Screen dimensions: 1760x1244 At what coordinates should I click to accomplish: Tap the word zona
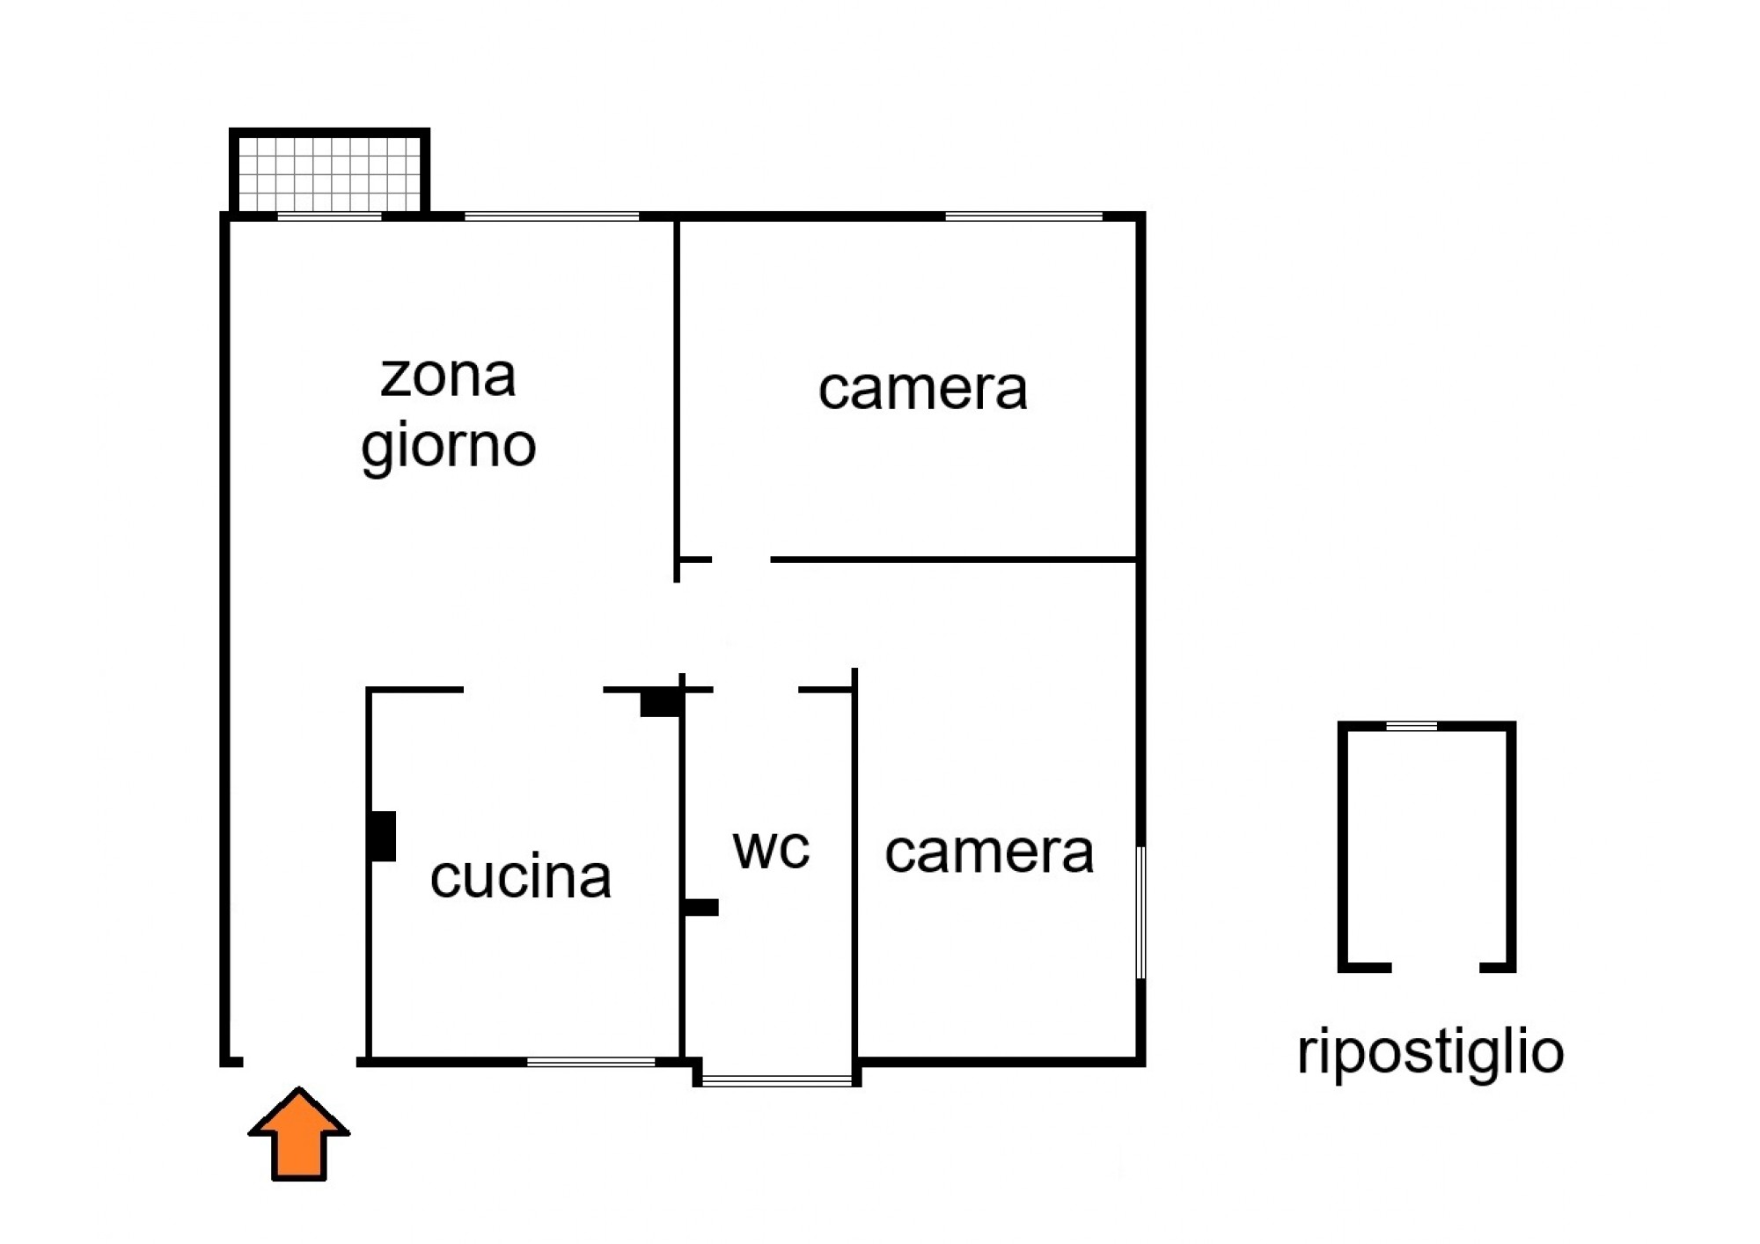[448, 377]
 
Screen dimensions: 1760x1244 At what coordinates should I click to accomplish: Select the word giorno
[448, 447]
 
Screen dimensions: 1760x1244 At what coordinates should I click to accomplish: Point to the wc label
[771, 849]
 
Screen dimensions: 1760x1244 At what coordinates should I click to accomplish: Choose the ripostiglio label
[1430, 1053]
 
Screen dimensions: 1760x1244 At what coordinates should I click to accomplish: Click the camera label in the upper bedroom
[922, 389]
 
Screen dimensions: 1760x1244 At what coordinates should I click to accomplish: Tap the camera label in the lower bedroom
[989, 853]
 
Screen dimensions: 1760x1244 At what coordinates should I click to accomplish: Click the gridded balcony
[329, 171]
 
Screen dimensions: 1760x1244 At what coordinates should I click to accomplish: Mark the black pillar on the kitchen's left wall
[382, 836]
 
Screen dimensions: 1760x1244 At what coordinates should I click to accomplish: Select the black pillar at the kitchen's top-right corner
[661, 703]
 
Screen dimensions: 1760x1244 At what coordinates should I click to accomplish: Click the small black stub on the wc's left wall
[701, 907]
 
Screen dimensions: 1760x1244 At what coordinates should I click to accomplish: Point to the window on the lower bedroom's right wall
[1141, 912]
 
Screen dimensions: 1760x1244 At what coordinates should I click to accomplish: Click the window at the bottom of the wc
[778, 1080]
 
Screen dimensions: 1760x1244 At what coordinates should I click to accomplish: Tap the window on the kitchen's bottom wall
[591, 1062]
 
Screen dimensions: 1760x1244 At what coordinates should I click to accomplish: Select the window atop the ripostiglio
[1412, 726]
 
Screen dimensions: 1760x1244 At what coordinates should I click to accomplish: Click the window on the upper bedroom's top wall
[1023, 216]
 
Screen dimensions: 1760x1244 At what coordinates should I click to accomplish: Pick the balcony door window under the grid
[330, 216]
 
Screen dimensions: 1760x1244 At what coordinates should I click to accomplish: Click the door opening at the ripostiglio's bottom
[1435, 967]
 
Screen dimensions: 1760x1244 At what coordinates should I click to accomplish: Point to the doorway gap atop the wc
[756, 690]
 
